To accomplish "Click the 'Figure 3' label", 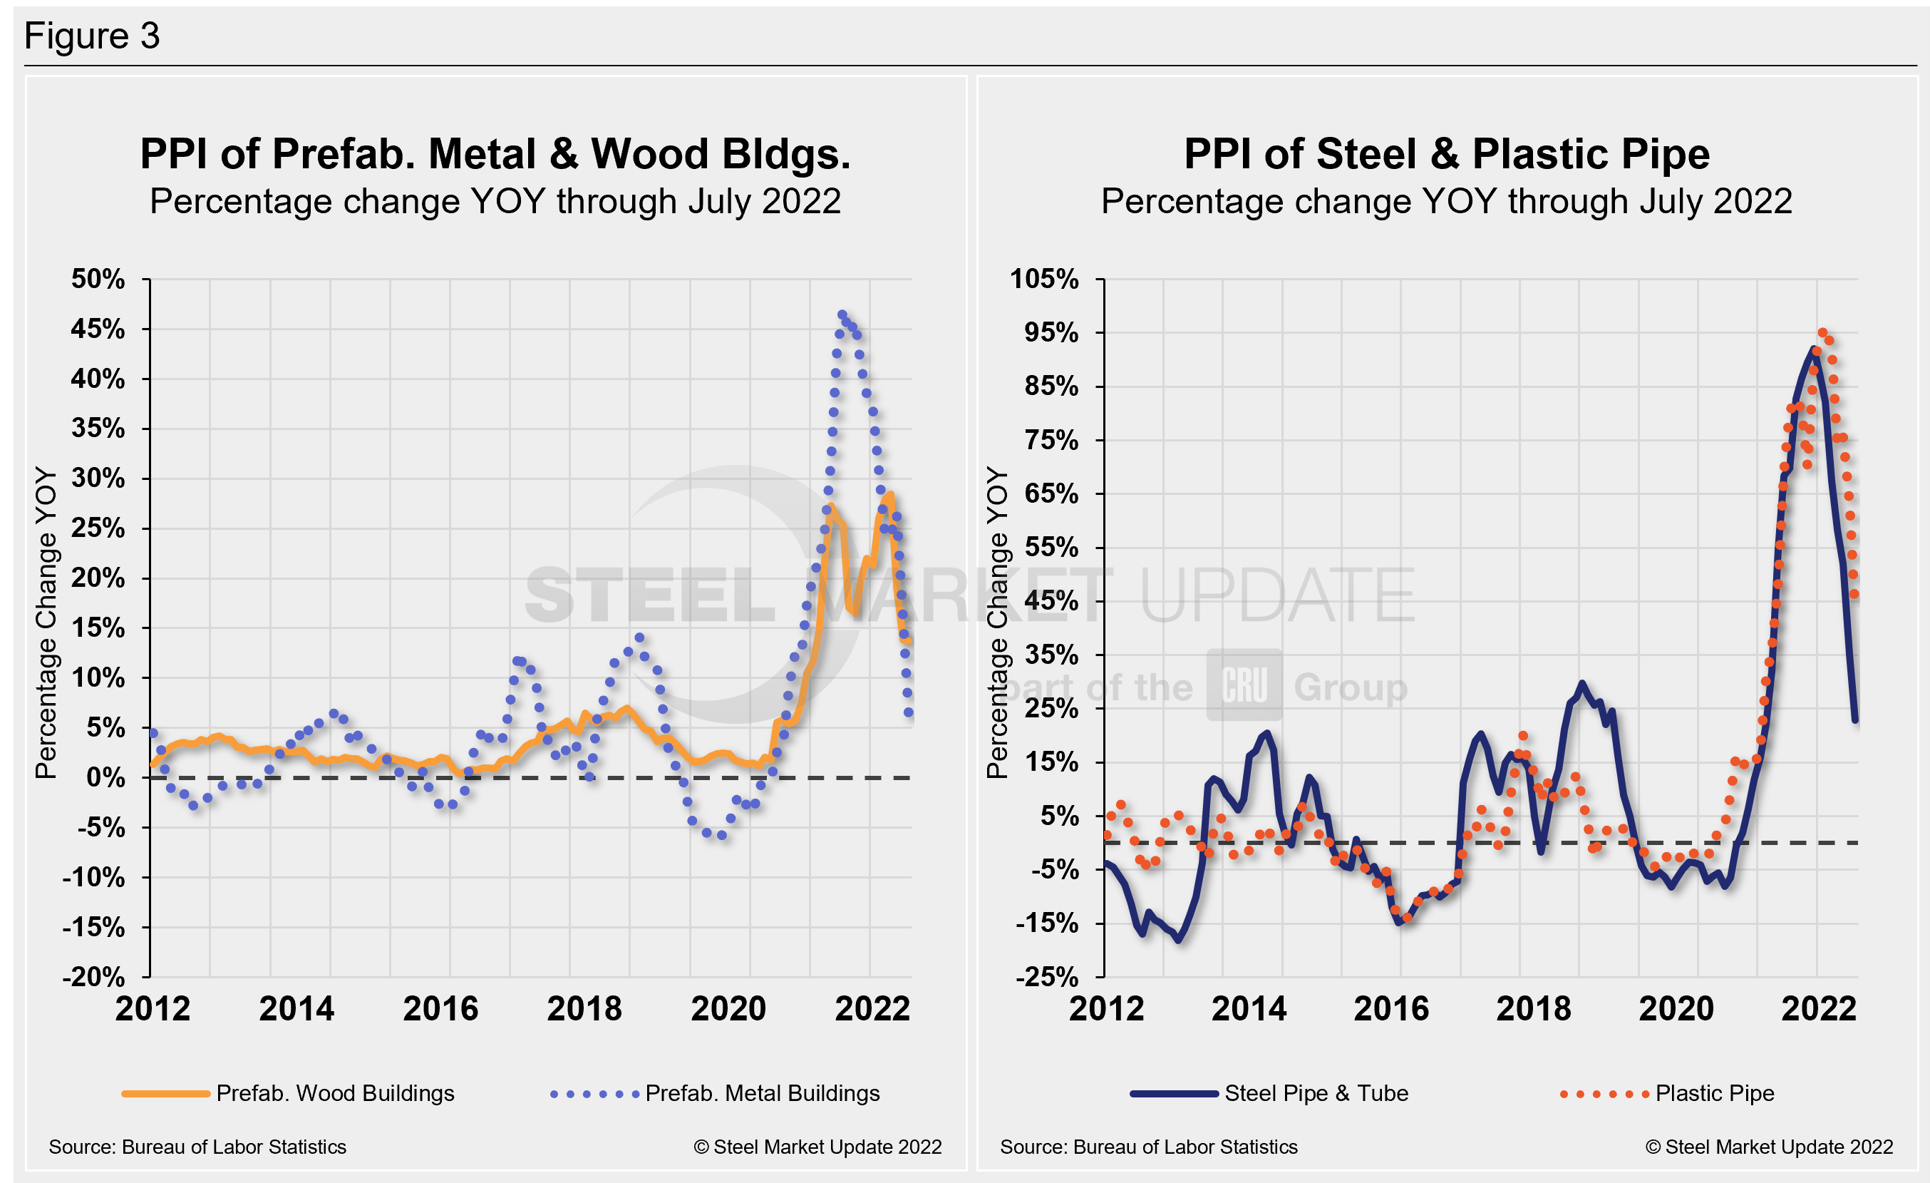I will tap(92, 36).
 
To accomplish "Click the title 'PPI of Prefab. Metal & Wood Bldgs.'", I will tap(495, 153).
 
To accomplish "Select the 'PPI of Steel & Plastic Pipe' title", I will tap(1446, 153).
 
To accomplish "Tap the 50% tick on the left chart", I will tap(98, 279).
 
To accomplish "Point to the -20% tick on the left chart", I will tap(94, 976).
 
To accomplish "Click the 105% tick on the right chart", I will tap(1044, 279).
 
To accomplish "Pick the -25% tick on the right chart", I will tap(1046, 976).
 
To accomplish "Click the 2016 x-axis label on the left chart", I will tap(440, 1008).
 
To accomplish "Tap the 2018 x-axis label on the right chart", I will tap(1533, 1008).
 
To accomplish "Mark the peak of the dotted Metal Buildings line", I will tap(842, 315).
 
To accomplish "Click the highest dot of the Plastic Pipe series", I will tap(1822, 333).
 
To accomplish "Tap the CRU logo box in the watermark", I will tap(1244, 685).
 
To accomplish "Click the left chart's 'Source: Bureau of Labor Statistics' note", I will tap(197, 1147).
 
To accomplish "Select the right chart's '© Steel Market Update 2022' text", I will tap(1769, 1147).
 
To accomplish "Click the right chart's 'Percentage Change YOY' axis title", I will tap(996, 623).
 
